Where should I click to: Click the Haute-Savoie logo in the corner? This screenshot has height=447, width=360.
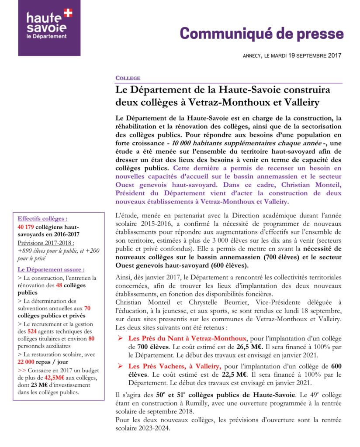pos(49,28)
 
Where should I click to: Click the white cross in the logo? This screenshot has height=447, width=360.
pos(68,13)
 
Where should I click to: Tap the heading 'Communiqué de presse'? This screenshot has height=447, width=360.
pos(262,33)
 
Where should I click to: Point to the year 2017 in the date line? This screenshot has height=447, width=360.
pos(334,55)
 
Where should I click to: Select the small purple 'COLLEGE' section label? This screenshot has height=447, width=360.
pos(128,78)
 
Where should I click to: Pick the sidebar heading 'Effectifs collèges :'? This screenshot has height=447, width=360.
pos(42,219)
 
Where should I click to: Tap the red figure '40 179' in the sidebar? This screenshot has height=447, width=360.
pos(27,227)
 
